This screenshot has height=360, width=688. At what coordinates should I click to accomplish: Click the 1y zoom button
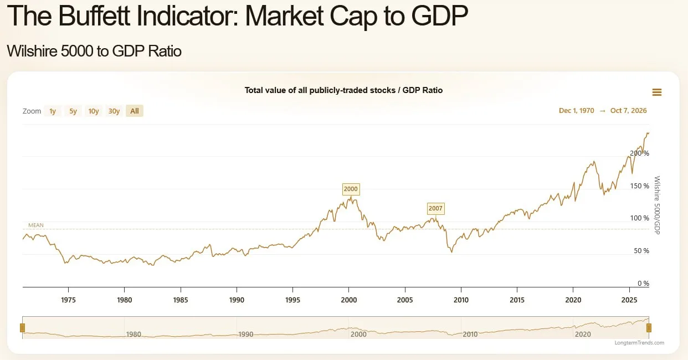coord(53,111)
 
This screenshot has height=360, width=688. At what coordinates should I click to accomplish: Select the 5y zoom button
coord(73,111)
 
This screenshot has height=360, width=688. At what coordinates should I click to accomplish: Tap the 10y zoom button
coord(94,111)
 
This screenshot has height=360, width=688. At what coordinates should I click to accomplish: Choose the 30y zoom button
coord(114,111)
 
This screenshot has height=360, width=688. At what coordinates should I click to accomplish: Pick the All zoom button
coord(135,111)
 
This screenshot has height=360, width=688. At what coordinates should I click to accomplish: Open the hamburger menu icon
coord(657,92)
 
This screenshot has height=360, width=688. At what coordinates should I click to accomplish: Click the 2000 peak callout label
coord(351,189)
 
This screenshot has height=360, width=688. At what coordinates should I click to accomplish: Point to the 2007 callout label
coord(435,208)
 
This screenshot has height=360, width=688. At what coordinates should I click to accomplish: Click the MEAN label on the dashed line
coord(36,225)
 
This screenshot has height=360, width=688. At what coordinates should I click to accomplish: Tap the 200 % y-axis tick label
coord(639,153)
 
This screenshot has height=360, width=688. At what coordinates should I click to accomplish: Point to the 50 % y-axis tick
coord(641,251)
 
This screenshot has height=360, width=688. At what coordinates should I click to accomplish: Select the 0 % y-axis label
coord(644,283)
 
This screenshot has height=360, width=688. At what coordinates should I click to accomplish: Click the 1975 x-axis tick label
coord(68,300)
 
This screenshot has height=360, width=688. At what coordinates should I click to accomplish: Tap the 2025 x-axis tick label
coord(629,300)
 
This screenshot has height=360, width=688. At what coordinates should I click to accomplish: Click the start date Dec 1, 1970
coord(577,111)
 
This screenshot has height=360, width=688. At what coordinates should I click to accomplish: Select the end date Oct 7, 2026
coord(628,111)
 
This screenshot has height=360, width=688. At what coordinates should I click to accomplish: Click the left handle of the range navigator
coord(22,328)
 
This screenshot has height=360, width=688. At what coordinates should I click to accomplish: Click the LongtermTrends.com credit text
coord(639,342)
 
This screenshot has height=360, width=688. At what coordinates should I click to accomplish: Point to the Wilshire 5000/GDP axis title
coord(657,205)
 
